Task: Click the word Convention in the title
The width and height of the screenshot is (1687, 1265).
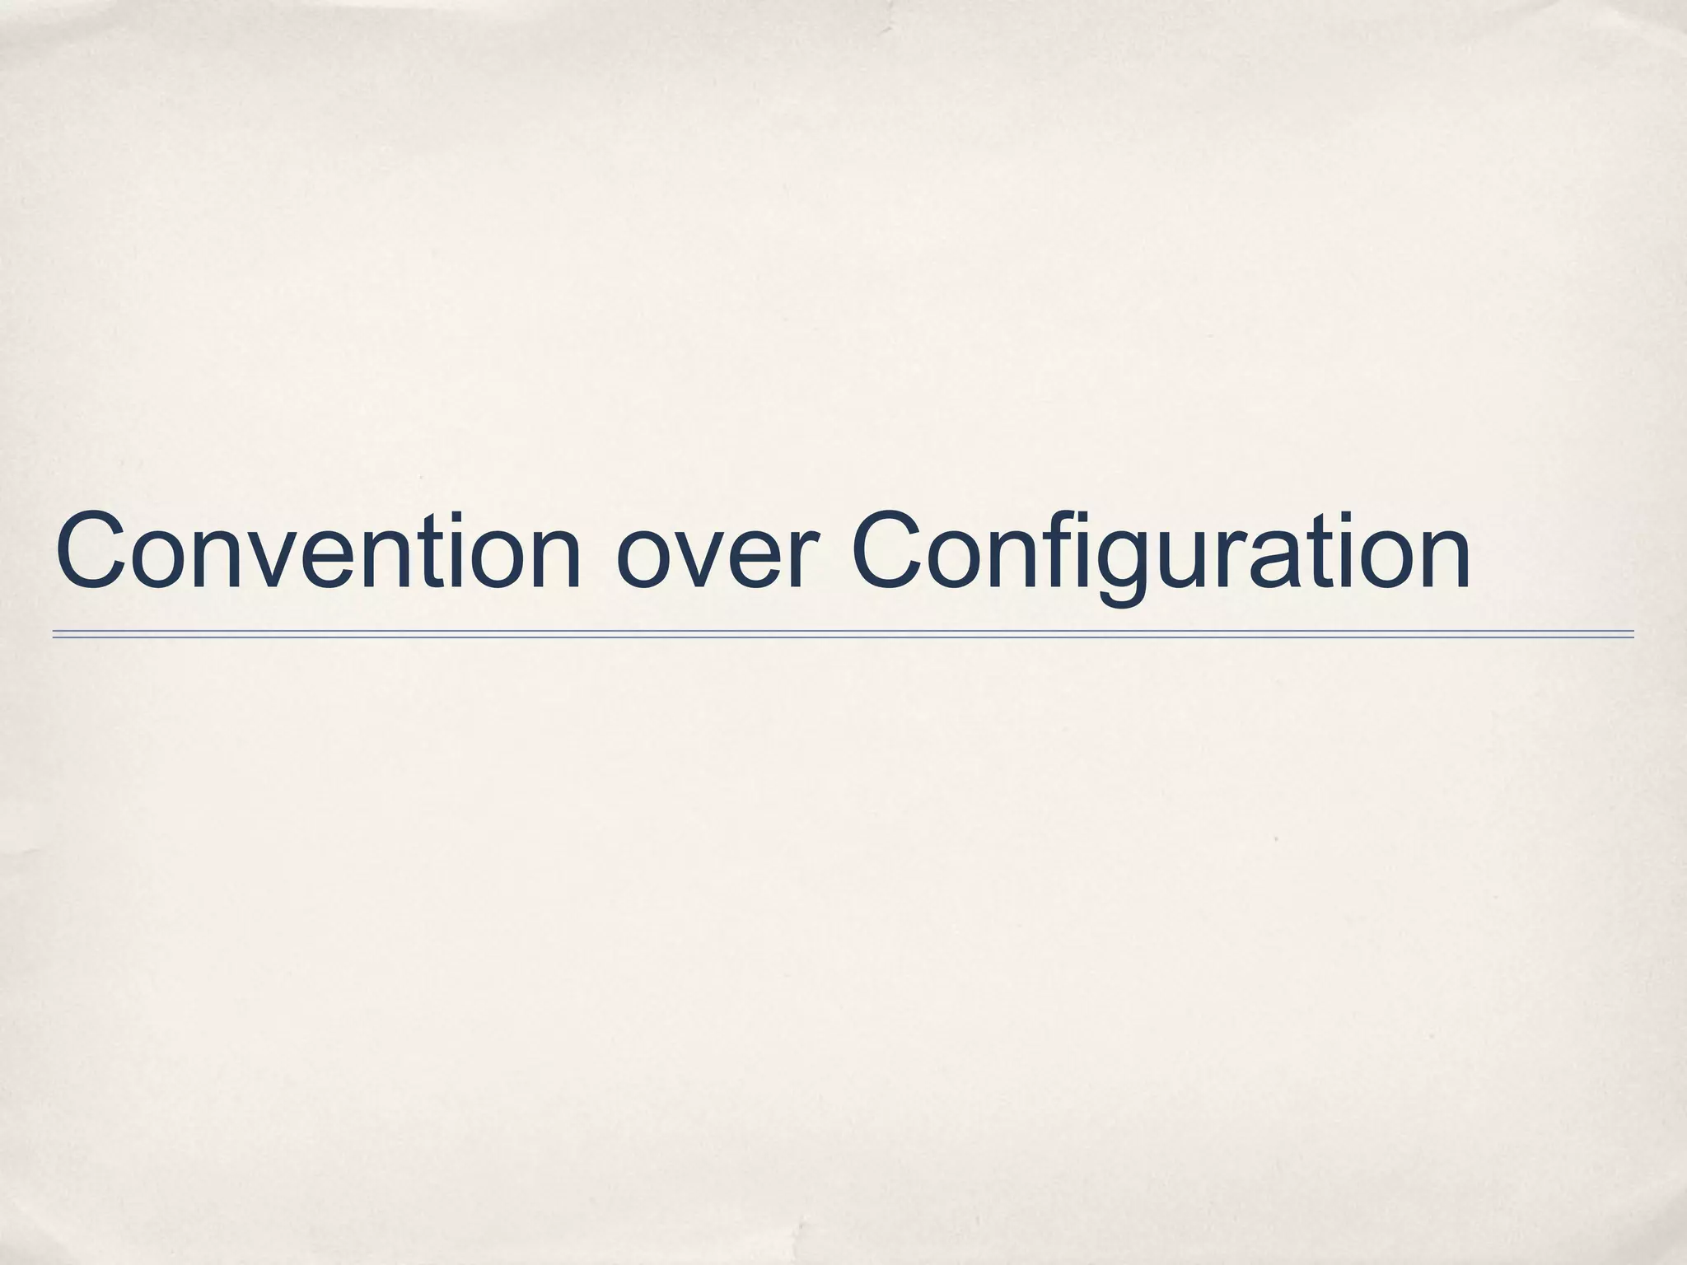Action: pos(318,550)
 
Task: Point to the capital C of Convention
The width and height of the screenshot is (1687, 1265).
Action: pos(93,550)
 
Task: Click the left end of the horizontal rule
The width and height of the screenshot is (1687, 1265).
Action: pos(54,634)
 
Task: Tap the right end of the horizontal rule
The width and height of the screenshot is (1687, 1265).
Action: pos(1632,634)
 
